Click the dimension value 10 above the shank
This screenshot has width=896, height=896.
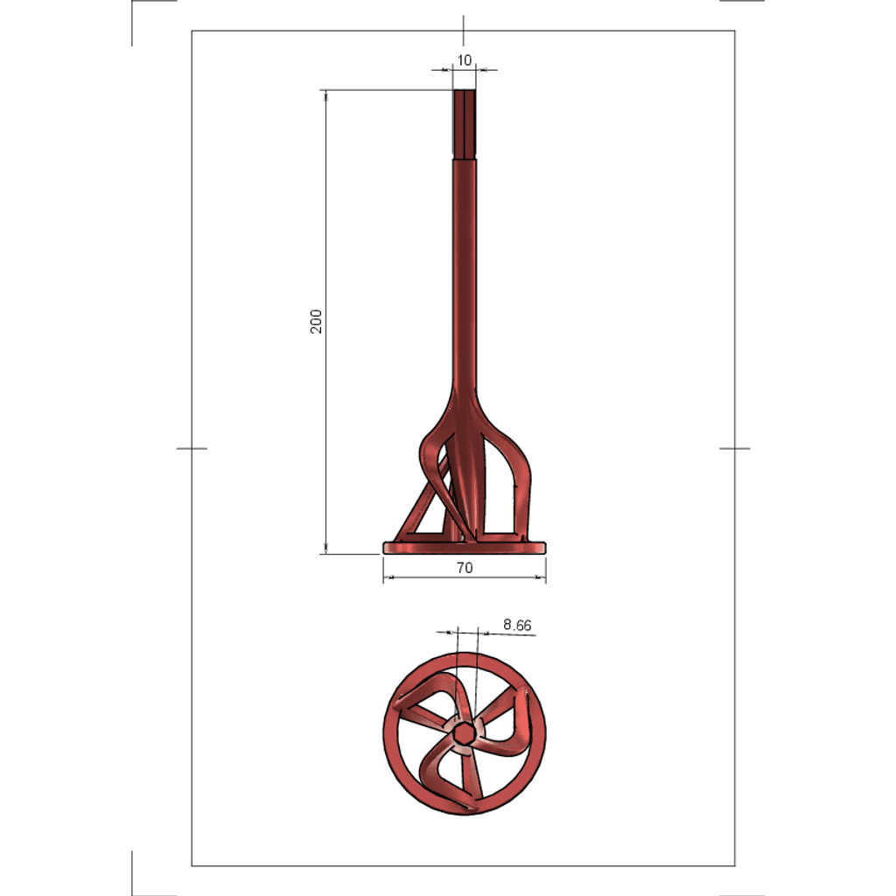(464, 60)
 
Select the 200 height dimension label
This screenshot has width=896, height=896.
(316, 322)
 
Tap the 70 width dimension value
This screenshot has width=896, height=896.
(465, 567)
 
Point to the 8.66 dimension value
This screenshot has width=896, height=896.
(517, 625)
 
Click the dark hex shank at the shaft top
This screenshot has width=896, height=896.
(465, 123)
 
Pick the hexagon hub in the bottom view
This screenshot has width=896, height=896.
(464, 732)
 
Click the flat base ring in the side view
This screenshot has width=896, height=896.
(465, 548)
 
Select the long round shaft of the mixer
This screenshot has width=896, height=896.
(465, 274)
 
